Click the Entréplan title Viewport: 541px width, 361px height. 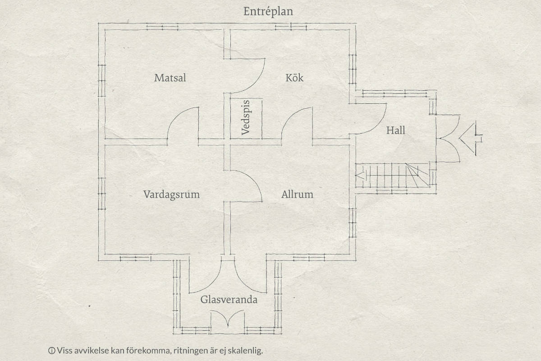pyautogui.click(x=268, y=12)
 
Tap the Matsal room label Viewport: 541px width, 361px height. pyautogui.click(x=170, y=78)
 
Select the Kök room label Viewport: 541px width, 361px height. pyautogui.click(x=294, y=78)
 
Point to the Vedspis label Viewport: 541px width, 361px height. pyautogui.click(x=246, y=117)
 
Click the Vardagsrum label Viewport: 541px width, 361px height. pyautogui.click(x=171, y=194)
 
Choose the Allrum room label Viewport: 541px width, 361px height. pyautogui.click(x=297, y=194)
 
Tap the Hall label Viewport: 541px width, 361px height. pyautogui.click(x=396, y=130)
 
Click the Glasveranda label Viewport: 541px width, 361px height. pyautogui.click(x=229, y=300)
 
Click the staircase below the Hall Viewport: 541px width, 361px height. pyautogui.click(x=393, y=175)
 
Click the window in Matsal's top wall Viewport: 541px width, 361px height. pyautogui.click(x=162, y=27)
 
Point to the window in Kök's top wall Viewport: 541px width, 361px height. pyautogui.click(x=291, y=27)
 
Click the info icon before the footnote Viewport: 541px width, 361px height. pyautogui.click(x=51, y=350)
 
